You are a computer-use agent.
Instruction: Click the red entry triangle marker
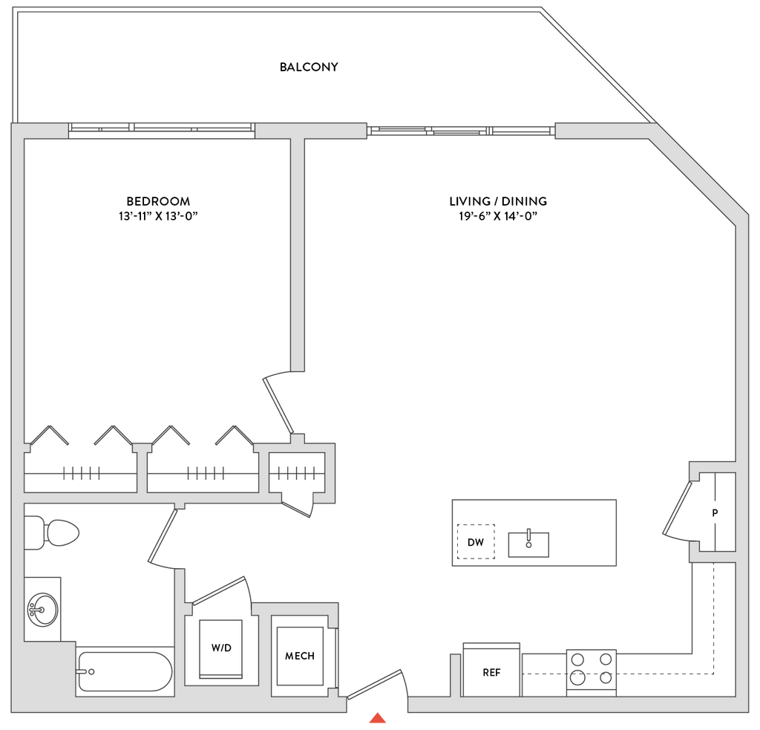tap(378, 717)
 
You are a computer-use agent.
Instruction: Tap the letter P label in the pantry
tap(715, 512)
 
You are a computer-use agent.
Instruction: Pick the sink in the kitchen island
tap(528, 544)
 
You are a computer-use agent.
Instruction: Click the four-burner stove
tap(592, 668)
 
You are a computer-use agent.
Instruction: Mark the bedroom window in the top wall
tap(162, 129)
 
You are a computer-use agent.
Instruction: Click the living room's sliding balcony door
tap(460, 131)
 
